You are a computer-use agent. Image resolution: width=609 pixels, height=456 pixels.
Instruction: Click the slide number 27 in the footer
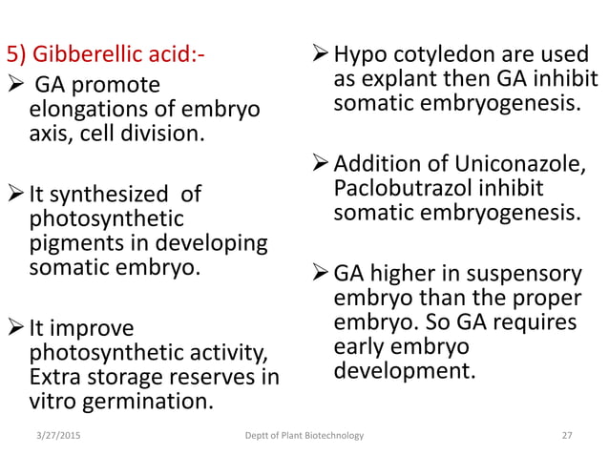[x=567, y=436]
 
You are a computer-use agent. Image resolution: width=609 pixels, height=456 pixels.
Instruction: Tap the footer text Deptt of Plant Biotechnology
[x=304, y=436]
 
